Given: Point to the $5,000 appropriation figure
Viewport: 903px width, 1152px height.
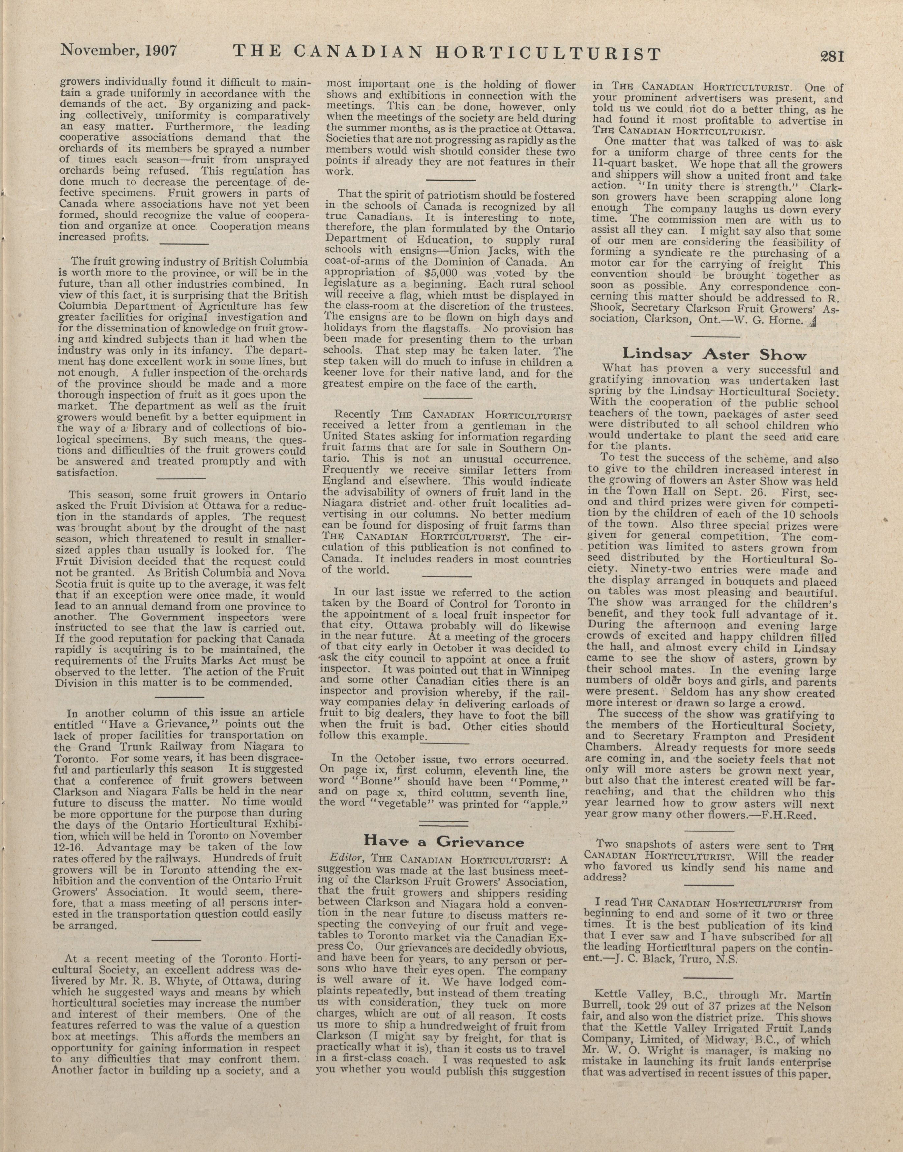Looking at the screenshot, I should coord(442,274).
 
